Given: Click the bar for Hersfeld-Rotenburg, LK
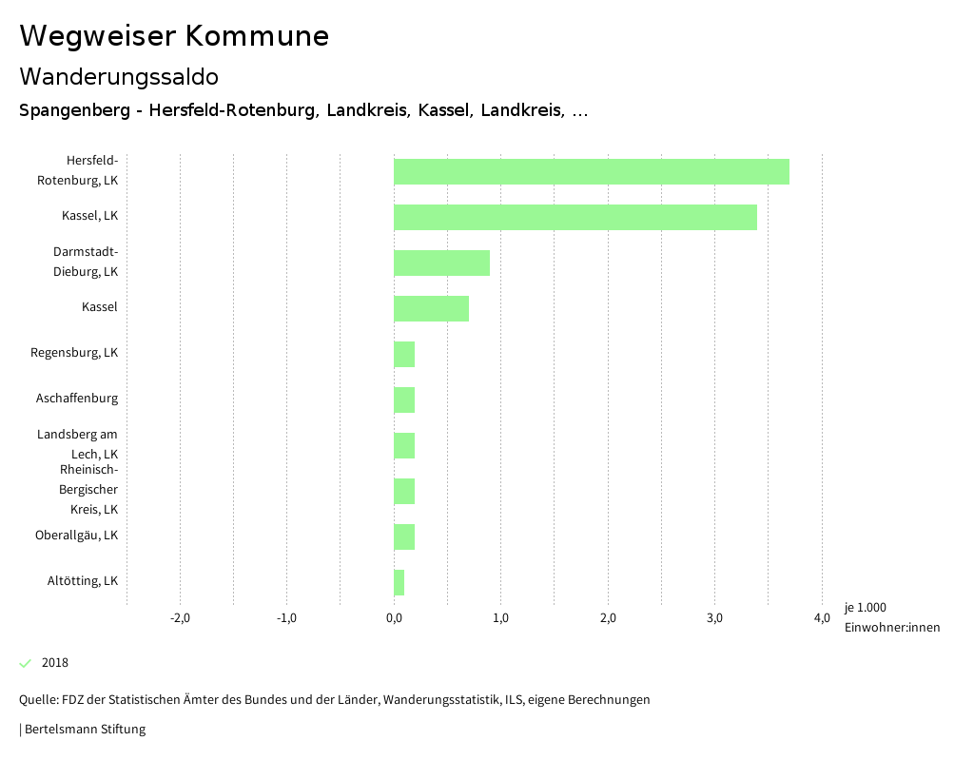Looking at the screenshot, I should (x=591, y=171).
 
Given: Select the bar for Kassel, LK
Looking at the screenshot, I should (x=575, y=217).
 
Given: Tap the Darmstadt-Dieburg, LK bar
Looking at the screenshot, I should (x=441, y=263).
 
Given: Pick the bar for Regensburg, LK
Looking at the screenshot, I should (x=404, y=354).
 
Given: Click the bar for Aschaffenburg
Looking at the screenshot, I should (x=404, y=399).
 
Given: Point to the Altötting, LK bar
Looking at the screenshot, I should (x=399, y=582).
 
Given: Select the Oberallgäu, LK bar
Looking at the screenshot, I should (x=404, y=536).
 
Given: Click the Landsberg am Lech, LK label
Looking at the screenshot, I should (x=78, y=444).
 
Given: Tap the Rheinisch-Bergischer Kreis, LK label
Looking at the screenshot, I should (x=88, y=489).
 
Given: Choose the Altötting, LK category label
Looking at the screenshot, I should (x=83, y=580).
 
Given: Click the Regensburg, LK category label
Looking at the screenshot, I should (x=74, y=352).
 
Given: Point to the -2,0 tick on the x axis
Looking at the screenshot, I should (x=180, y=617).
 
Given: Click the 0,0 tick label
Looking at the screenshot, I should (x=394, y=617).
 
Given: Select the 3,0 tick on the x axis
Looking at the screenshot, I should (x=714, y=617).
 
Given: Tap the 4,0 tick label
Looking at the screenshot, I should (x=822, y=617).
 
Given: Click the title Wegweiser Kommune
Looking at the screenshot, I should (x=174, y=36).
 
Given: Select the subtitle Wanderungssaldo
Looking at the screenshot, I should (x=119, y=76).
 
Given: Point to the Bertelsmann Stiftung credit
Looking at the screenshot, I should (x=84, y=730).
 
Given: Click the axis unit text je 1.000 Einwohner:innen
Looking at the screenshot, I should (x=891, y=617).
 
